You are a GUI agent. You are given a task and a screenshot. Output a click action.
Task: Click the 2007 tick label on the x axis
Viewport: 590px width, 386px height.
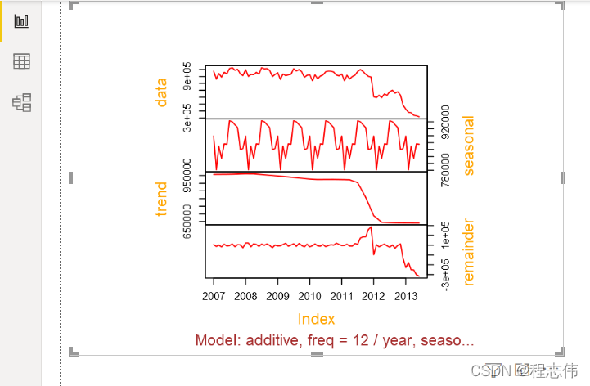(x=214, y=295)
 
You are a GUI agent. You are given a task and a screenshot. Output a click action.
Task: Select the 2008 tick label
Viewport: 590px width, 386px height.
(x=245, y=295)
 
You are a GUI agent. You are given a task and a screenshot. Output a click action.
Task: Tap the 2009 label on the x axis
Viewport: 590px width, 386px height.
(x=277, y=295)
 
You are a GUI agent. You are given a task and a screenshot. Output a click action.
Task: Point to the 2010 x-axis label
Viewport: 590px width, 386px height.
(x=309, y=295)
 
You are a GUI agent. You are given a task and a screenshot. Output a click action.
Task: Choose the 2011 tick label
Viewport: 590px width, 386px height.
(x=341, y=295)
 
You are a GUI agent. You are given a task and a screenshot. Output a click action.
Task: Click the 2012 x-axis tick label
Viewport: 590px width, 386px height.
(x=373, y=295)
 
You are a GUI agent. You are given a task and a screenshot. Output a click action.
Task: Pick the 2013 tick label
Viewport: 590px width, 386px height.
(x=405, y=295)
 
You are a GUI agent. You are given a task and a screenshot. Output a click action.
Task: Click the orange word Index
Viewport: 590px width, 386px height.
(x=316, y=319)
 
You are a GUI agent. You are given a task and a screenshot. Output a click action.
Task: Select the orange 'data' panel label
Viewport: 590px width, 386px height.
(x=161, y=92)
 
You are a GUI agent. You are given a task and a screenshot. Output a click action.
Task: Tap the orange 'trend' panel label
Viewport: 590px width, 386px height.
(x=161, y=199)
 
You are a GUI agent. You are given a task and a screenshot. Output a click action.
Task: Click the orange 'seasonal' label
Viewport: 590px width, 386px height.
(x=469, y=145)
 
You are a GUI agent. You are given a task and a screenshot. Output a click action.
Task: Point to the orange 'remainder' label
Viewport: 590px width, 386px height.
(x=469, y=251)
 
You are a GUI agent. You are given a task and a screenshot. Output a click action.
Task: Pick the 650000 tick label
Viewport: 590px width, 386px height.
(x=188, y=222)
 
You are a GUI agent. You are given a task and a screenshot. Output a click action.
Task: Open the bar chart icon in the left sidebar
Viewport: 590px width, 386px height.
(x=22, y=20)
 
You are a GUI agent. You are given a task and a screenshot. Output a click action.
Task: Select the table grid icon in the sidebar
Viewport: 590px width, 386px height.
(x=22, y=61)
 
